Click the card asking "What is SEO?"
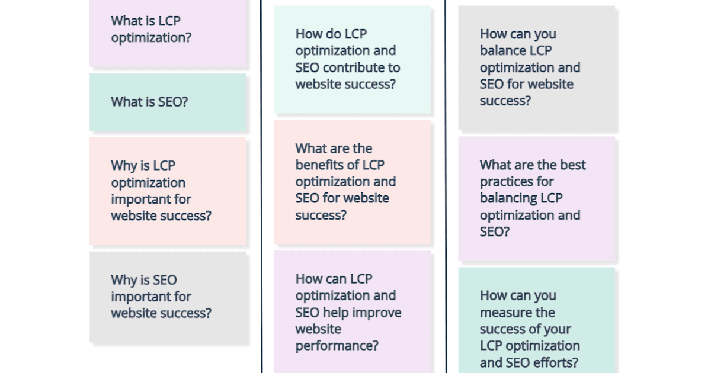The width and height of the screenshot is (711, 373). click(x=168, y=102)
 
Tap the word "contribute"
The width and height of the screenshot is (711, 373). click(x=370, y=67)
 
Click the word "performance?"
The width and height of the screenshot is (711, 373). click(x=337, y=346)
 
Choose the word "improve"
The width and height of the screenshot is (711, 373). click(x=377, y=313)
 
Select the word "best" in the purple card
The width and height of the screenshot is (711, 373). click(x=572, y=165)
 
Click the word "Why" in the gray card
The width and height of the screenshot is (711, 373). click(x=123, y=280)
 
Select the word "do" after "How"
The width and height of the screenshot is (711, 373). click(x=332, y=34)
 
